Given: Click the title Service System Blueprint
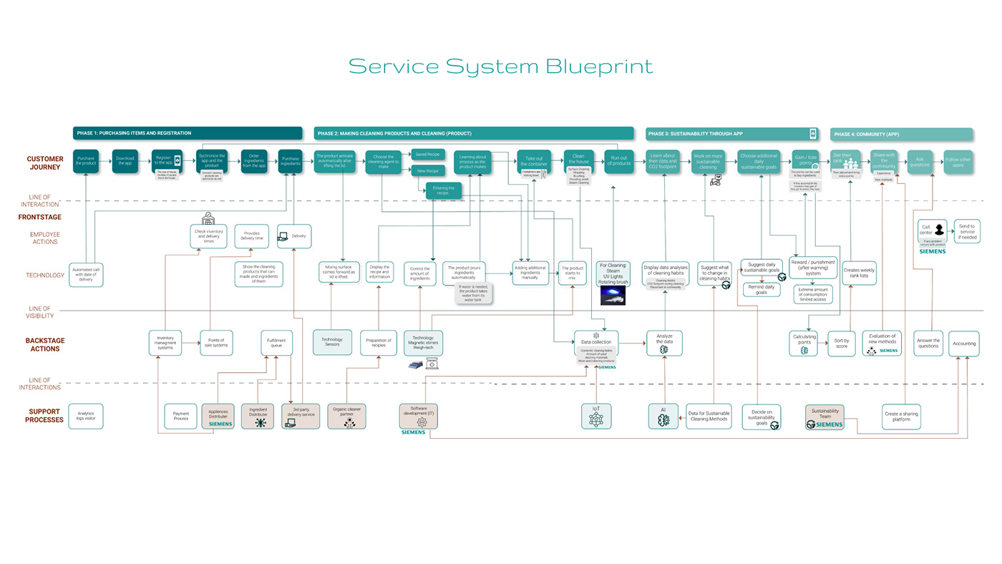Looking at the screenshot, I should pyautogui.click(x=500, y=67).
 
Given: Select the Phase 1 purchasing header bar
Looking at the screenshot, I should pyautogui.click(x=187, y=133).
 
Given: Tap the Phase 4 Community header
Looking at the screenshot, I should pyautogui.click(x=901, y=134).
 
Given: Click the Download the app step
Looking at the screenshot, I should pyautogui.click(x=125, y=162).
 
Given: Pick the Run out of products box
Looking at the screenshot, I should pyautogui.click(x=618, y=162).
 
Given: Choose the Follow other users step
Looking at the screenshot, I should pyautogui.click(x=958, y=162).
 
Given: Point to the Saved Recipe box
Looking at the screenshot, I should pyautogui.click(x=428, y=154).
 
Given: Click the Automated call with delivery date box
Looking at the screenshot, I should pyautogui.click(x=86, y=275).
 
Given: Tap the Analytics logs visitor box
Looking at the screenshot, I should pyautogui.click(x=86, y=416).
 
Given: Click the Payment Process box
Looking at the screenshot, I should pyautogui.click(x=180, y=416).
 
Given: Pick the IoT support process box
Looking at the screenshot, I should pyautogui.click(x=596, y=416).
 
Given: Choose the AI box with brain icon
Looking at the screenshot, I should pyautogui.click(x=663, y=416).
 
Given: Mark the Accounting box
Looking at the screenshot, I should pyautogui.click(x=963, y=344).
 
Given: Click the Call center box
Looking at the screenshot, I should pyautogui.click(x=932, y=230).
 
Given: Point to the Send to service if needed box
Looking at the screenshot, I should pyautogui.click(x=967, y=230).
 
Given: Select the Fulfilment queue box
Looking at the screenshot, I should pyautogui.click(x=276, y=343).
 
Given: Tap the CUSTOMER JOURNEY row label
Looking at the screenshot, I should pyautogui.click(x=45, y=162).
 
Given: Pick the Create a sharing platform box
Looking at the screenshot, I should pyautogui.click(x=901, y=417).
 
